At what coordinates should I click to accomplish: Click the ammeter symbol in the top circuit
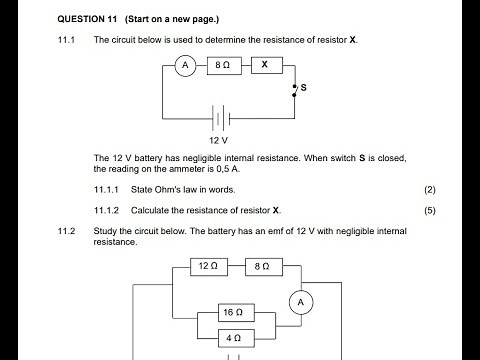pos(183,65)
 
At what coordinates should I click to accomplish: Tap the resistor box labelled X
pos(264,65)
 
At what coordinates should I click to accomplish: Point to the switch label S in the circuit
pos(303,89)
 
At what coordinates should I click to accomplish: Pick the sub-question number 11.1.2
pos(106,211)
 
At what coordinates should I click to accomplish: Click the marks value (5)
pos(429,211)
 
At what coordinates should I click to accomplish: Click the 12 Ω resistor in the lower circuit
pos(208,267)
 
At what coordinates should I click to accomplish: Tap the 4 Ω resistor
pos(234,339)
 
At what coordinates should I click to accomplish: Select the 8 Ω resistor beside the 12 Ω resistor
pos(261,267)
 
